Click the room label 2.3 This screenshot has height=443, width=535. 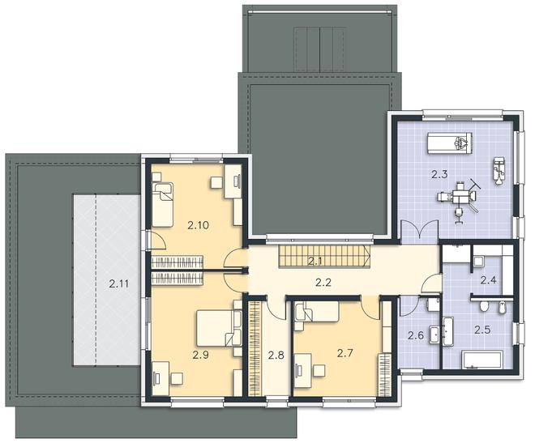click(x=439, y=175)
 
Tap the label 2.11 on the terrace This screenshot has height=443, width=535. click(x=118, y=283)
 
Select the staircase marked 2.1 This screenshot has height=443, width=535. click(x=325, y=256)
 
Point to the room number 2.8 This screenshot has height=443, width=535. click(x=276, y=356)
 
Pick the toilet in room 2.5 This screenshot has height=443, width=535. click(x=483, y=306)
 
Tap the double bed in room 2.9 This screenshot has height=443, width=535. click(x=220, y=328)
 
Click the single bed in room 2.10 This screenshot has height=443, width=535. click(x=162, y=204)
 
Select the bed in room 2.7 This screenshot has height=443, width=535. click(x=317, y=312)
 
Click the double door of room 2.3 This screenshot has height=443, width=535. click(x=419, y=232)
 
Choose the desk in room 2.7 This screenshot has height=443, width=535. click(x=303, y=370)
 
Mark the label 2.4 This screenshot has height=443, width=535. click(x=488, y=280)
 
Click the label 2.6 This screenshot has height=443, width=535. click(x=416, y=335)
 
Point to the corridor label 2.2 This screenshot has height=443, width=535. click(x=323, y=283)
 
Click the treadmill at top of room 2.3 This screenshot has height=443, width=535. click(x=450, y=142)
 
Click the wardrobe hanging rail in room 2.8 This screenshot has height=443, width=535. click(x=254, y=348)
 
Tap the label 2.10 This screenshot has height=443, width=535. click(x=199, y=225)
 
